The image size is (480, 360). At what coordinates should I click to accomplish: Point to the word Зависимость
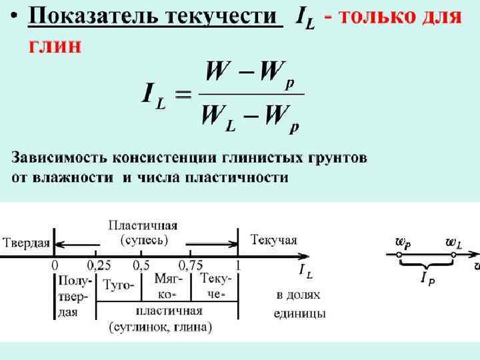(x=56, y=159)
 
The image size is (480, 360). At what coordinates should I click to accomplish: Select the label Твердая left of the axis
(x=26, y=241)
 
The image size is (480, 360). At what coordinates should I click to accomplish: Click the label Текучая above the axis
(x=274, y=239)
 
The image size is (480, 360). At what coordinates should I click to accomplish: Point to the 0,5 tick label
(x=141, y=265)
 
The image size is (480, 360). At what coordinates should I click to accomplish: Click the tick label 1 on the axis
(x=238, y=265)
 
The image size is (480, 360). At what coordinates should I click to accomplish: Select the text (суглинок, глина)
(x=160, y=327)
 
